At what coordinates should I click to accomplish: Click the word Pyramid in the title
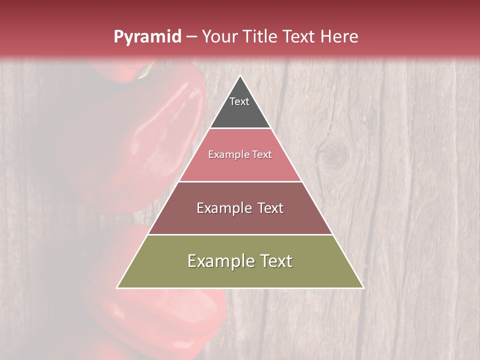pyautogui.click(x=147, y=37)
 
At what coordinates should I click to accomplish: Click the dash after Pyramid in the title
pyautogui.click(x=191, y=37)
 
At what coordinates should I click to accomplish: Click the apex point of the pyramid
pyautogui.click(x=240, y=76)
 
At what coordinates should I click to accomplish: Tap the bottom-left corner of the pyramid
pyautogui.click(x=117, y=287)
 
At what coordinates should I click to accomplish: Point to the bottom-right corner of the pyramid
pyautogui.click(x=363, y=287)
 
